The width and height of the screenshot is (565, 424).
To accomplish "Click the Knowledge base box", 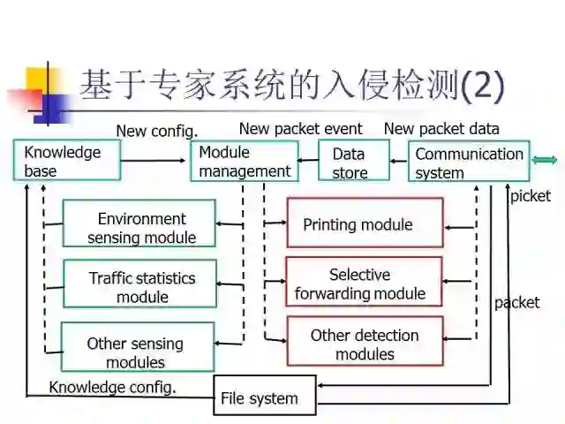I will coord(64,161).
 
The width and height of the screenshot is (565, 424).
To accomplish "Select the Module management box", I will coord(245,161).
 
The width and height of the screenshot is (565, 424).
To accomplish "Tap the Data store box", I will coord(353,162).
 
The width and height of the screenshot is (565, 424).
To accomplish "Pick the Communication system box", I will coord(469,162).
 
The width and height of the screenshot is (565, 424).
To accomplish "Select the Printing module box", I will coord(364,223).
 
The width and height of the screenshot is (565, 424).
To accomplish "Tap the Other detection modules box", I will coord(364,344).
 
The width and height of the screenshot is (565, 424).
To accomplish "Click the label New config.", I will coord(156,131).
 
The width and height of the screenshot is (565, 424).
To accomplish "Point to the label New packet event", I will coord(300,129).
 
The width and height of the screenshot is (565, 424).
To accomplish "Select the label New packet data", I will coord(441,129).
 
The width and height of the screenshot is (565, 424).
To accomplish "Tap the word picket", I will coord(530,196).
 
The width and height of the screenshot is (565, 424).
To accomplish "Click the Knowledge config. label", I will coord(112,386).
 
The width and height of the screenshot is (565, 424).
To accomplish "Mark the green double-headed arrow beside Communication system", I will coord(545,160).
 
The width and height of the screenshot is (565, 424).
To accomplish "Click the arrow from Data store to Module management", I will coord(306,162).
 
